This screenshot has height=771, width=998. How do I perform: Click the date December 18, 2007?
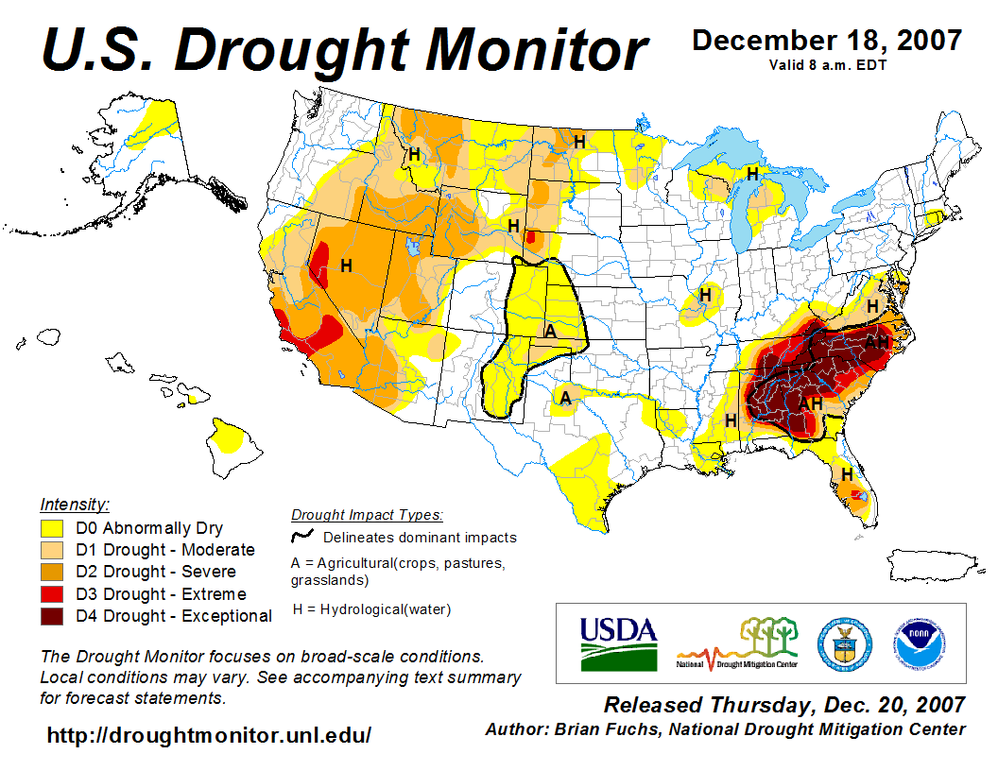pos(827,41)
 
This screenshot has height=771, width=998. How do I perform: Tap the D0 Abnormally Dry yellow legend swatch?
pos(52,528)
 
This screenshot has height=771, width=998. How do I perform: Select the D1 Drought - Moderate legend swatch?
pos(52,550)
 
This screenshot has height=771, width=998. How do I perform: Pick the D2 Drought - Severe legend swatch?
pos(52,572)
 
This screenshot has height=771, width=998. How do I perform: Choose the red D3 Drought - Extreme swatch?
pos(52,594)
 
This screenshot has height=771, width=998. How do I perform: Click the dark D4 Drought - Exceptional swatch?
pos(52,616)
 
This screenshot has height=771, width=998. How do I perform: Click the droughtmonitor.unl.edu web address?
pos(209,734)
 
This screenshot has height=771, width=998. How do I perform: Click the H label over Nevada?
pos(346,266)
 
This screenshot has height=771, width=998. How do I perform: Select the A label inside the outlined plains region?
pos(550,331)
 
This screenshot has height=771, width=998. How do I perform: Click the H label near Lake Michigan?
pos(752,174)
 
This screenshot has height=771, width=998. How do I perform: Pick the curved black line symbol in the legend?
pos(302,537)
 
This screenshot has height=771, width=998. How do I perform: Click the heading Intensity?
pos(75,504)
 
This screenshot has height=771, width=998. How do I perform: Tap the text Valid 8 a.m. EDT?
pos(827,65)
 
